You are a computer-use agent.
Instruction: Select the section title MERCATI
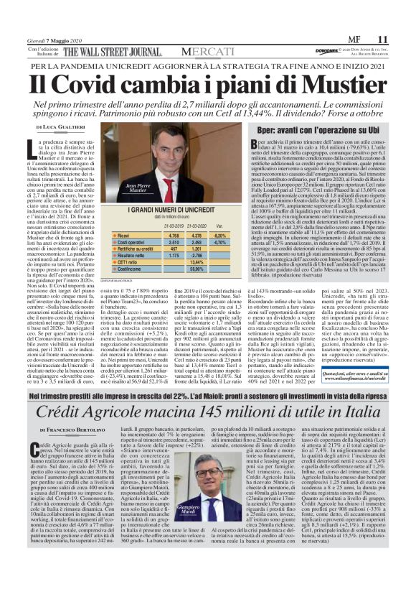207,52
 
